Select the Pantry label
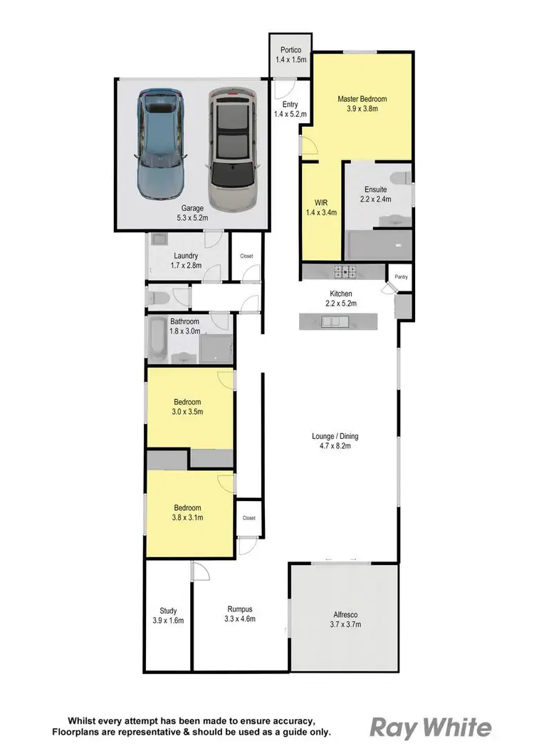click(x=401, y=276)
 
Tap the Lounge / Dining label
click(x=331, y=436)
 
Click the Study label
click(x=168, y=611)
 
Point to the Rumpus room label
click(x=240, y=609)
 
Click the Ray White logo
click(x=430, y=727)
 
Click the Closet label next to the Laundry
click(x=246, y=255)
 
